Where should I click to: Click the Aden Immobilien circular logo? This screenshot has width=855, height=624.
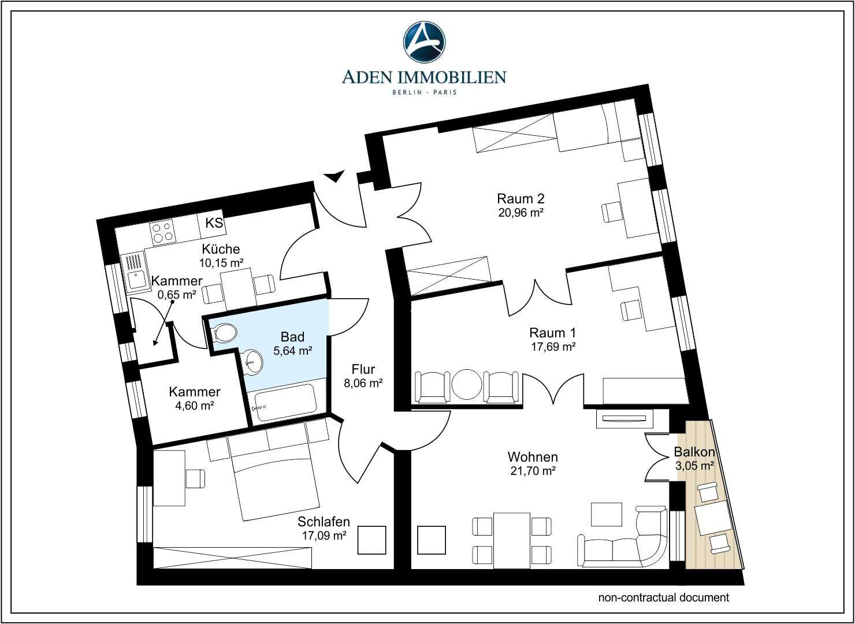click(x=423, y=42)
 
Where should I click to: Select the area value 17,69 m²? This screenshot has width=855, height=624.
click(x=553, y=347)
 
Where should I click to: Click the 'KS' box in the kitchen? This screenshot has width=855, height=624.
click(x=214, y=223)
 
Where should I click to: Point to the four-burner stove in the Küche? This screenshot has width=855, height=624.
click(x=163, y=232)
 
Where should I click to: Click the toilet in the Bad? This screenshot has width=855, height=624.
click(x=224, y=333)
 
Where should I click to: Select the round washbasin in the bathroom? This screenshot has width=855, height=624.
click(x=253, y=361)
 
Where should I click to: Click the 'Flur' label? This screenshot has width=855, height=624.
click(x=363, y=369)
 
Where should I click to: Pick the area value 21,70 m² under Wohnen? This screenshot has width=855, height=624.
click(x=532, y=470)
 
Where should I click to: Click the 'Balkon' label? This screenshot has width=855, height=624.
click(x=694, y=452)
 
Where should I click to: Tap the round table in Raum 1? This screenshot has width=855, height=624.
click(x=467, y=385)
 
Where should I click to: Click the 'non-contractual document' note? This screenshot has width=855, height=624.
click(x=663, y=597)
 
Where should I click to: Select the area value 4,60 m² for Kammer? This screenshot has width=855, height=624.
click(x=195, y=405)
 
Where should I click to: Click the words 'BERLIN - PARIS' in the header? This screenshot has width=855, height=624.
click(x=423, y=92)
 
